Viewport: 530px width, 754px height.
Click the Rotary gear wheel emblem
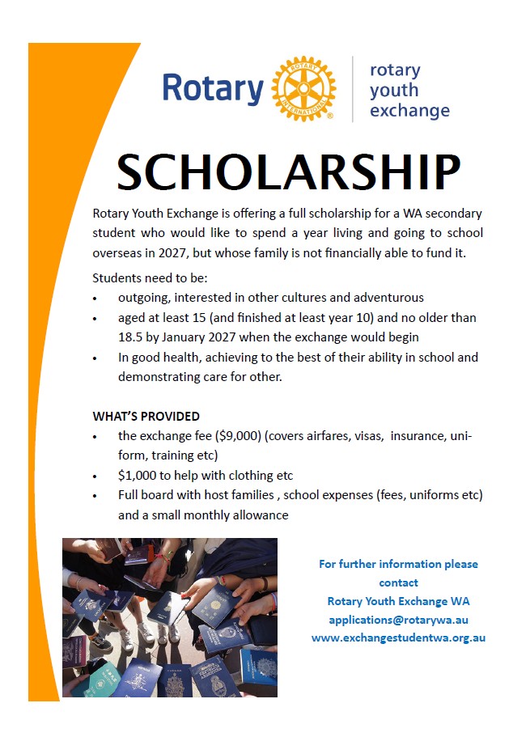pos(303,89)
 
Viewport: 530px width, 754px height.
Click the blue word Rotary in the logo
pos(213,88)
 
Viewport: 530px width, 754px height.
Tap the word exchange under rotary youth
pos(409,110)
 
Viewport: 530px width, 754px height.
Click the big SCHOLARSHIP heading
pos(288,172)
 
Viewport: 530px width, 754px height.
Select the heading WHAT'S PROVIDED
pos(146,417)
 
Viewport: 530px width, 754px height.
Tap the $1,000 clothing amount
pos(137,476)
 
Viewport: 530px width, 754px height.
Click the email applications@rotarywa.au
pos(398,620)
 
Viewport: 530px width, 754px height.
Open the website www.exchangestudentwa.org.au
pos(398,638)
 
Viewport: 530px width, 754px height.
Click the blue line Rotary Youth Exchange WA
pos(398,601)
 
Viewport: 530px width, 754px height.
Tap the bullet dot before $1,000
pos(96,477)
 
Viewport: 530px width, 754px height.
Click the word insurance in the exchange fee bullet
pos(418,436)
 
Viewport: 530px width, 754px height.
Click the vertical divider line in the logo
pos(353,89)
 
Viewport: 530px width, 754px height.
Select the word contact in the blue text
pos(398,582)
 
